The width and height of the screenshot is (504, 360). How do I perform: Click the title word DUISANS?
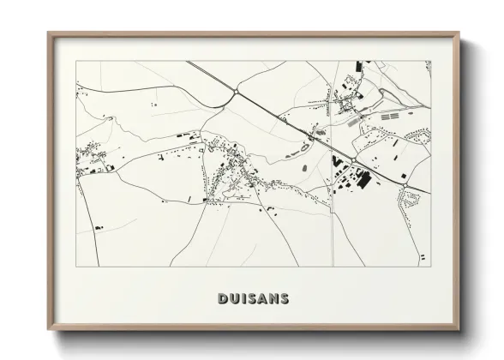tap(253, 299)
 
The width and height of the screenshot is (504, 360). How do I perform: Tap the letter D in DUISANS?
tap(222, 299)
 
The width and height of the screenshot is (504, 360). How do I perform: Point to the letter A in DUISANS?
tap(261, 299)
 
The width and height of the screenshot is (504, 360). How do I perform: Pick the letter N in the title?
tap(273, 299)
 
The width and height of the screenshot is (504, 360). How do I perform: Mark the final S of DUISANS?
tap(284, 299)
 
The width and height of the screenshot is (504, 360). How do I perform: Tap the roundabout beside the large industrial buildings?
tap(351, 160)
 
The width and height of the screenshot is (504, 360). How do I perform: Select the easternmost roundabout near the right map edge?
tap(404, 183)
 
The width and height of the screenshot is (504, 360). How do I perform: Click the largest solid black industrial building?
tap(363, 180)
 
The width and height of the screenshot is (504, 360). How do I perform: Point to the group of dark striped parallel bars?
tap(390, 115)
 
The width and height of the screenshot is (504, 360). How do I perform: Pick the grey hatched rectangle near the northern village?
tap(355, 123)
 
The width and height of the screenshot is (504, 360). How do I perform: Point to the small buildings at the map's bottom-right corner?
tap(421, 256)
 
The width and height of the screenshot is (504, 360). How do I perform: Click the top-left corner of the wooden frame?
tap(50, 34)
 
